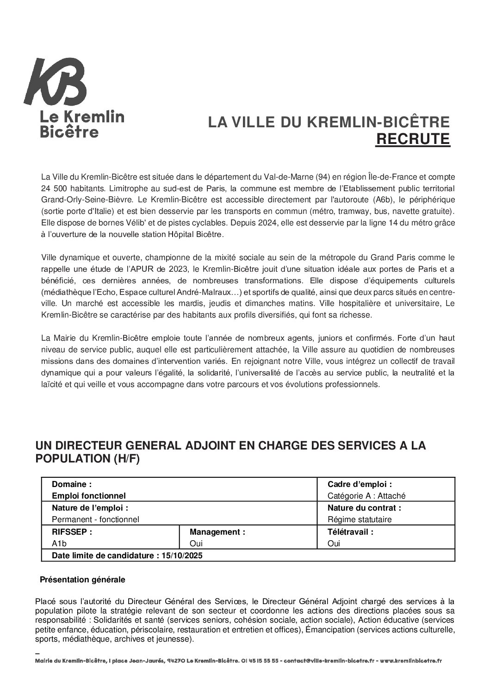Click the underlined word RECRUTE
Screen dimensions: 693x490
pos(412,139)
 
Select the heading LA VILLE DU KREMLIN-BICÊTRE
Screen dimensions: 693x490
pos(329,122)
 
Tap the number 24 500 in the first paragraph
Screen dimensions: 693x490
pos(54,188)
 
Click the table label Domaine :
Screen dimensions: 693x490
pos(72,484)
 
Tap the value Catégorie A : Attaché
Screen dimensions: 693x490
pos(366,496)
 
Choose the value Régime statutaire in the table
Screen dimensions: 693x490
pos(360,519)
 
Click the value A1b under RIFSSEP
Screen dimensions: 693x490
pos(59,543)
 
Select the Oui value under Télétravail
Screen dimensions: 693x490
pos(334,543)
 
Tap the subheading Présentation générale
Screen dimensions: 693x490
pos(82,579)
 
